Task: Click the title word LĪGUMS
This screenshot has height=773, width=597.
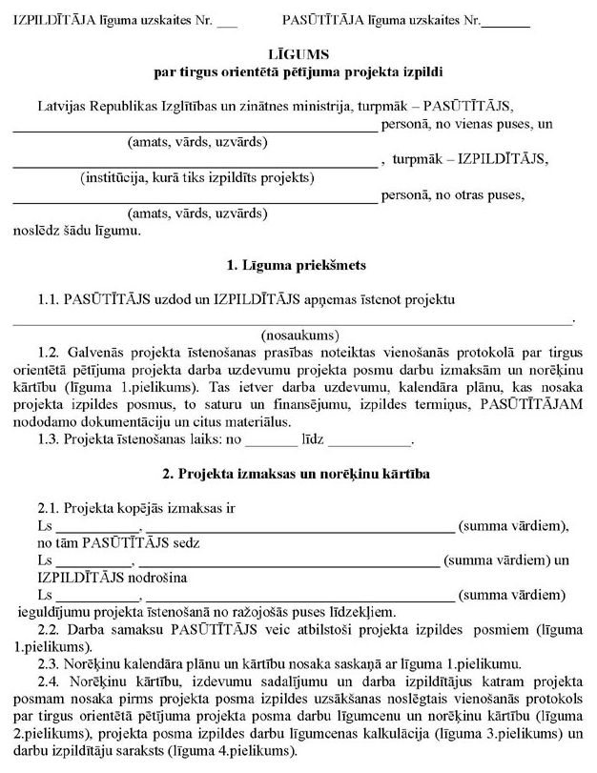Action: (x=298, y=56)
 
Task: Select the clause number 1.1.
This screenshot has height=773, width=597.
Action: (x=50, y=299)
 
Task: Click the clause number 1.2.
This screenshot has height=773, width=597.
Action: (x=50, y=352)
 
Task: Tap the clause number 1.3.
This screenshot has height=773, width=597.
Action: (x=50, y=439)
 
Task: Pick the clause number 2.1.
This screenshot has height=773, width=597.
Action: (x=50, y=508)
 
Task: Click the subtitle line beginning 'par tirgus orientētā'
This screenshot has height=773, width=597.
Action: (x=298, y=72)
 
